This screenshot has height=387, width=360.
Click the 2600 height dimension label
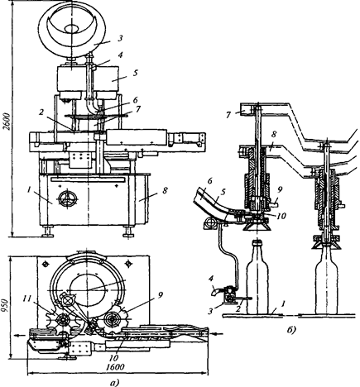point(7,122)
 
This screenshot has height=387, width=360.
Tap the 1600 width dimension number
point(115,367)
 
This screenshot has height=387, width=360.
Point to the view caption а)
point(114,383)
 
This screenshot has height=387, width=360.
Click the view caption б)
point(290,330)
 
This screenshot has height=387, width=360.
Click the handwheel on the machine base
point(68,198)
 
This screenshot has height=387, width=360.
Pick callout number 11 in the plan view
point(36,299)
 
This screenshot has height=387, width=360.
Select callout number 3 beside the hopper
point(119,38)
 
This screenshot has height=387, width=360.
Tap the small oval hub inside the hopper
point(71,28)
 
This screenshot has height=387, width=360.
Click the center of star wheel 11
point(63,320)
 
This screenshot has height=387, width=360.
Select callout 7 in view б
point(228,114)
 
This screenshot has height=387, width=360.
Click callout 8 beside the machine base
point(165,190)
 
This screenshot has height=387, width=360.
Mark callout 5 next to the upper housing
point(136,74)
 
